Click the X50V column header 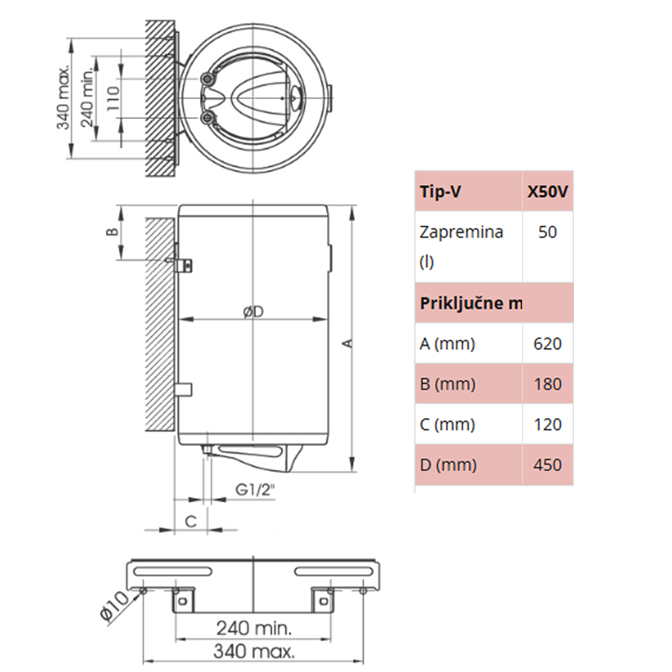click(x=548, y=192)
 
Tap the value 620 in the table click(x=548, y=344)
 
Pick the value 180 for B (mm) click(x=548, y=384)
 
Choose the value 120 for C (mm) click(x=548, y=425)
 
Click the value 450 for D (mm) click(x=548, y=465)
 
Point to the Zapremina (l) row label click(x=461, y=247)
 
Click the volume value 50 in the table click(x=548, y=233)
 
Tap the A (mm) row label click(x=448, y=344)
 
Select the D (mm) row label click(x=448, y=465)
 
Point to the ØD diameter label click(x=252, y=312)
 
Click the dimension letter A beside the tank click(x=347, y=343)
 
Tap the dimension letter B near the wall click(x=114, y=232)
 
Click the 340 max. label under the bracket click(x=253, y=651)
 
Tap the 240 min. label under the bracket click(x=253, y=629)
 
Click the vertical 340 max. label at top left click(x=62, y=98)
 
